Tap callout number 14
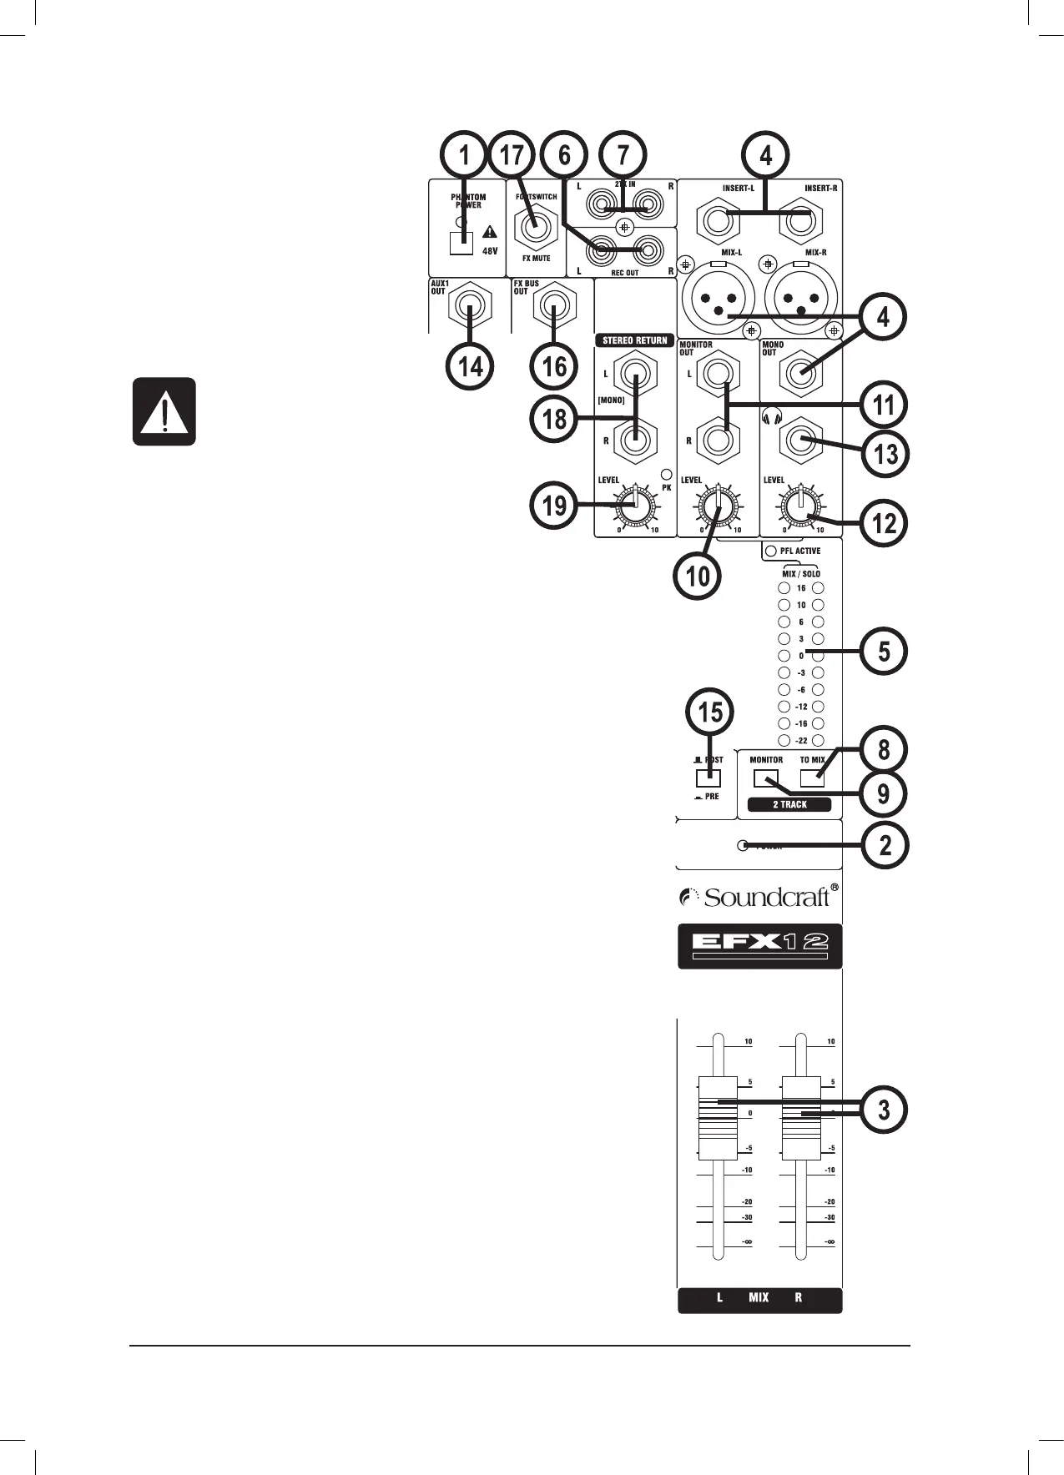(471, 365)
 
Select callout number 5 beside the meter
(884, 651)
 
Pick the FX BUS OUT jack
(552, 313)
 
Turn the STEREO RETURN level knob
(635, 506)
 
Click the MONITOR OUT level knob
(718, 506)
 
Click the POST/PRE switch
(708, 778)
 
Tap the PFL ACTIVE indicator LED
(771, 551)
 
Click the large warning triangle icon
(164, 411)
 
